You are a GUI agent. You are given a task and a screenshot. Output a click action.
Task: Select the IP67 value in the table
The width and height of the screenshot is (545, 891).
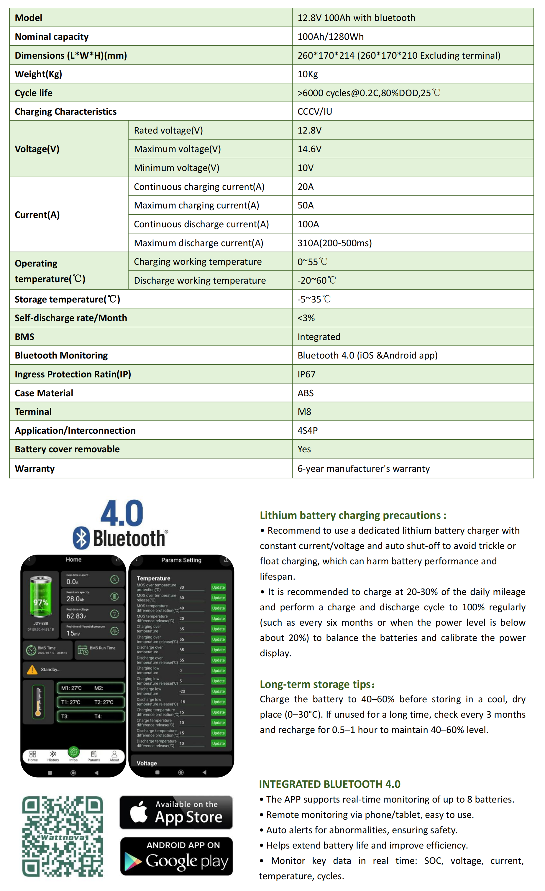coord(307,374)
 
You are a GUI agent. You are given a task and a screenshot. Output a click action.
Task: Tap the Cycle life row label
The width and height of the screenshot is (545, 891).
coord(34,93)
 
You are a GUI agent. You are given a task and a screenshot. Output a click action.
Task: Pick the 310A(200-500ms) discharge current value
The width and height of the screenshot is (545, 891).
coord(334,243)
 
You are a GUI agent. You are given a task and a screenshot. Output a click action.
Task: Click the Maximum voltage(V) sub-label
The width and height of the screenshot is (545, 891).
coord(177,149)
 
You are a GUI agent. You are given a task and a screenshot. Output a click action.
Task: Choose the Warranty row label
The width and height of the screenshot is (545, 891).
coord(35,468)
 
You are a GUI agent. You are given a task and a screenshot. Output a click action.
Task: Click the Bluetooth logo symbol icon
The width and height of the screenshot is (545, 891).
coord(81,538)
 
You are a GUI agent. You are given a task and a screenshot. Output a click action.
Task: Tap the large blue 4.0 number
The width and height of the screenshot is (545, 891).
coord(122,514)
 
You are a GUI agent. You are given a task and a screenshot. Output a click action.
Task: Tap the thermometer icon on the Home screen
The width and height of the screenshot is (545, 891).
coord(38,701)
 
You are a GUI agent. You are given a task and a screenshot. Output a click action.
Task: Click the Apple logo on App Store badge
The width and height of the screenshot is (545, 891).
coord(139,812)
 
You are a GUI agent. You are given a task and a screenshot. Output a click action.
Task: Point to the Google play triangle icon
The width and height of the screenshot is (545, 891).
coord(133,861)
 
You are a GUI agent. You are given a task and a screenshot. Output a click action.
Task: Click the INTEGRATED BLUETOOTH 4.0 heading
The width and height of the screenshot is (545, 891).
coord(329,784)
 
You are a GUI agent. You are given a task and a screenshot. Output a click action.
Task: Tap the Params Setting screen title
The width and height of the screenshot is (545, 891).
coord(181,560)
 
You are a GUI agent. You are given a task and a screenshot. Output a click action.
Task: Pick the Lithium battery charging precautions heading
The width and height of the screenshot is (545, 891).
coord(353,515)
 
